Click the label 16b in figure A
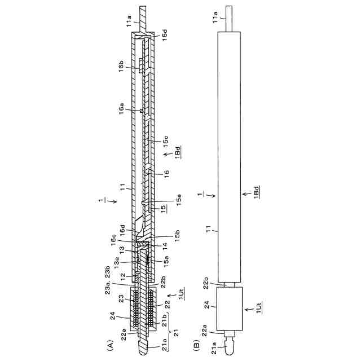[x=121, y=67]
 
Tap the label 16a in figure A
[x=121, y=108]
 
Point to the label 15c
[x=165, y=142]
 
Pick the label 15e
[x=179, y=200]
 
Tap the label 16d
[x=122, y=231]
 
